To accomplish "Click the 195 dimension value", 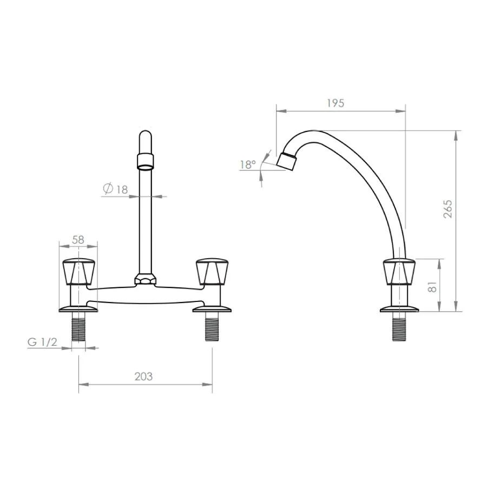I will tap(335, 103).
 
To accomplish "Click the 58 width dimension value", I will tap(78, 238).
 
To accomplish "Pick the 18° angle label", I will tap(248, 164).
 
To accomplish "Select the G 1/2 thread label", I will tap(42, 342).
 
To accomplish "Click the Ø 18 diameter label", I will tap(115, 189).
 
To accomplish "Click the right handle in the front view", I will tap(211, 272).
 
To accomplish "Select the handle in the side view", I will tap(399, 272).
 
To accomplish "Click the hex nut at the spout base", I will tap(145, 280).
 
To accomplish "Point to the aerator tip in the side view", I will tap(287, 161).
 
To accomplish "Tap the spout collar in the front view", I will tap(146, 160).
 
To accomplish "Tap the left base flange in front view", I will tap(78, 309).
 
